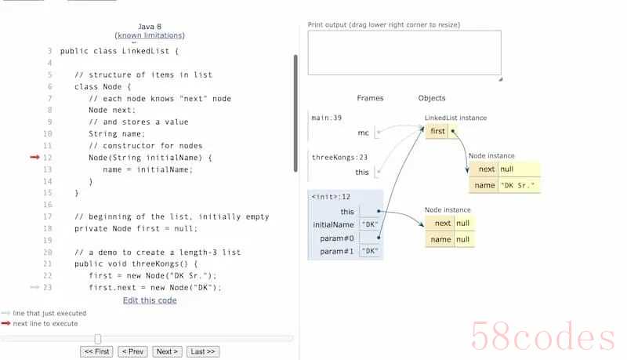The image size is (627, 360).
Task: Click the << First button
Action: pos(96,351)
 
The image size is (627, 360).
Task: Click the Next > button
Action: pos(167,351)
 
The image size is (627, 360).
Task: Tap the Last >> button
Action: pos(203,351)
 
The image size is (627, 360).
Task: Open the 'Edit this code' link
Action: pos(150,300)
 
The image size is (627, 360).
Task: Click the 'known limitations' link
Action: pos(150,35)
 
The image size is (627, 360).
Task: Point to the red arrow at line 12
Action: pos(34,157)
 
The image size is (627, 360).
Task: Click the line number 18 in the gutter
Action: pos(48,228)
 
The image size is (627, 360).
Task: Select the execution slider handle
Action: pos(98,339)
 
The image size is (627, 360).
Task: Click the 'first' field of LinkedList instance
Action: pos(437,131)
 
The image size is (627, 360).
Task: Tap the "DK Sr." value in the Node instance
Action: pos(518,185)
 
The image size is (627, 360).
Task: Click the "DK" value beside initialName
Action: pos(369,224)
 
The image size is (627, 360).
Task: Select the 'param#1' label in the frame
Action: pos(337,251)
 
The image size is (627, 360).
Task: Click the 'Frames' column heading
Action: pos(370,98)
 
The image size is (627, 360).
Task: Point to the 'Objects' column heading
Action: pos(432,98)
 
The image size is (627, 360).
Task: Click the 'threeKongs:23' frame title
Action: pos(339,157)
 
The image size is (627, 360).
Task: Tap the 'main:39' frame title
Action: pos(327,118)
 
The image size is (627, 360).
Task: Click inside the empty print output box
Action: pos(404,53)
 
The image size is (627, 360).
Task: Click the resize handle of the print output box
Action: pos(500,79)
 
